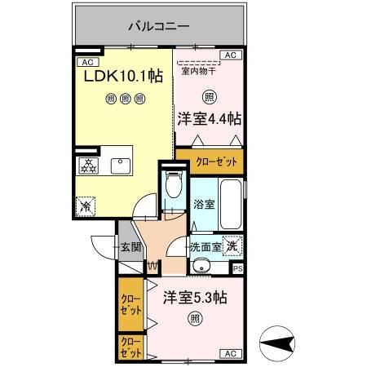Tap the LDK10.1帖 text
point(123,76)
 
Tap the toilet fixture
point(171,188)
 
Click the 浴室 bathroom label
point(205,205)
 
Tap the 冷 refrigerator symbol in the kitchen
point(86,207)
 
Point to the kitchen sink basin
point(122,166)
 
